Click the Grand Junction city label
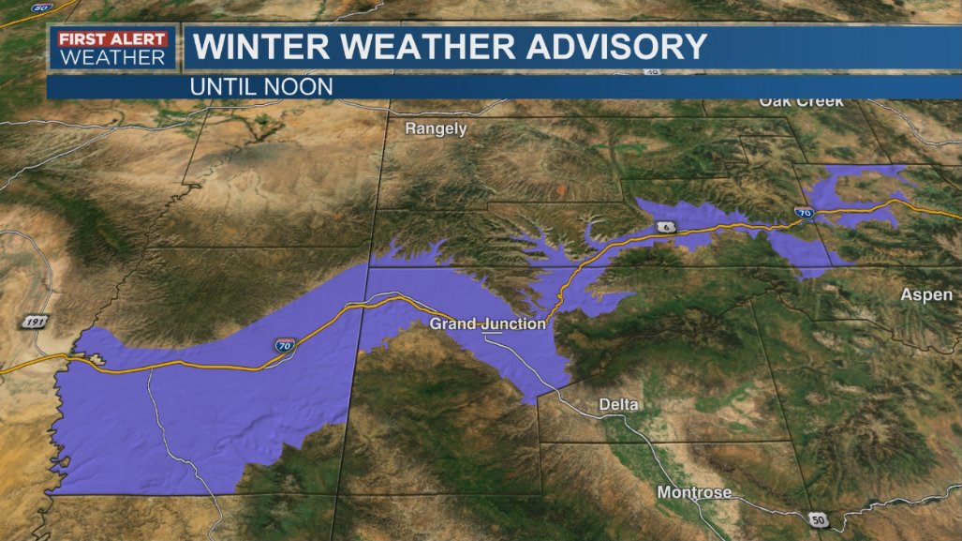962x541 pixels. (487, 324)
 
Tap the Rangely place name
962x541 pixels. (436, 129)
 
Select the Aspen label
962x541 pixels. (926, 295)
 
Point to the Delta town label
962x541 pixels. (618, 405)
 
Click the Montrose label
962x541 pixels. (694, 492)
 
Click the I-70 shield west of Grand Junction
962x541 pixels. (283, 346)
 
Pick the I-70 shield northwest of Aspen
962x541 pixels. (804, 213)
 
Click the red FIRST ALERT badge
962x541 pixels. (112, 39)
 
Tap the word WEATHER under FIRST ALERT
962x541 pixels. (112, 57)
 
